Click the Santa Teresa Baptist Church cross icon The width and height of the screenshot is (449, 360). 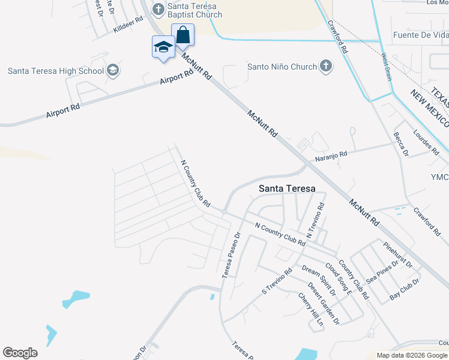click(x=158, y=8)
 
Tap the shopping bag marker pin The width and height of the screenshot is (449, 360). click(x=182, y=35)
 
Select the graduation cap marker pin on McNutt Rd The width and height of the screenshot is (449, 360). click(x=163, y=48)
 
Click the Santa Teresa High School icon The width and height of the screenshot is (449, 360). click(x=112, y=71)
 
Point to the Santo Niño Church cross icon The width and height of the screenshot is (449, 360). click(x=325, y=66)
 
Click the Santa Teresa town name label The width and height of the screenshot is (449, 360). click(x=286, y=188)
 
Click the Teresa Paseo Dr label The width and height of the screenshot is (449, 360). click(x=231, y=255)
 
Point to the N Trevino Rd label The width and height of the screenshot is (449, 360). click(x=316, y=220)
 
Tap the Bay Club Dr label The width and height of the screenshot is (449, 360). click(x=404, y=289)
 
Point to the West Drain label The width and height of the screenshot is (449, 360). click(x=386, y=67)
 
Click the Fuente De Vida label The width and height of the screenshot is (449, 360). click(x=420, y=35)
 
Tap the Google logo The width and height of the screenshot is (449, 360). click(x=20, y=352)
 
